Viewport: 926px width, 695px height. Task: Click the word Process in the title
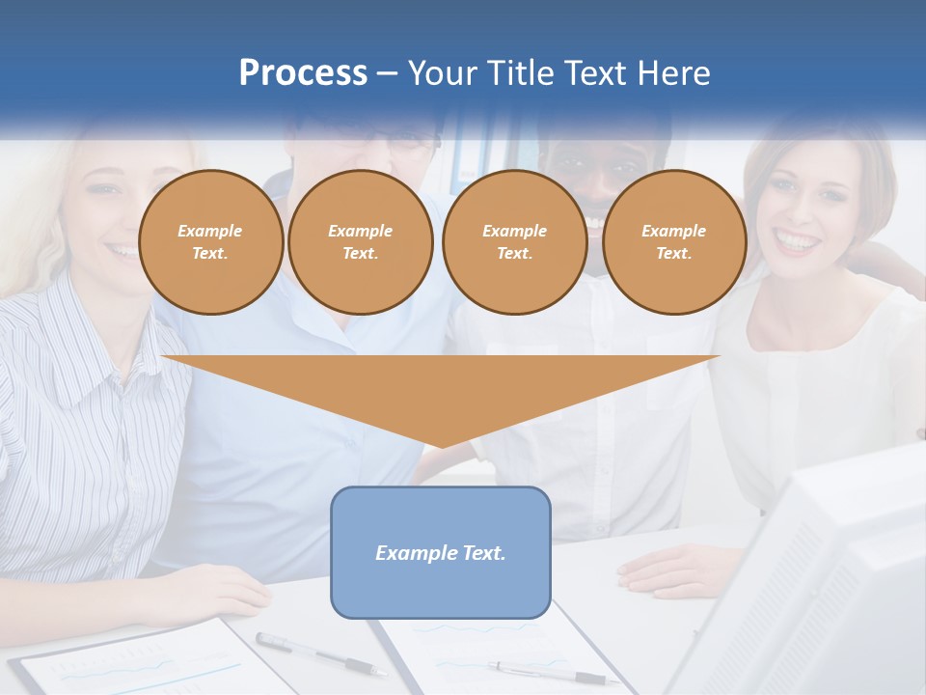tap(303, 72)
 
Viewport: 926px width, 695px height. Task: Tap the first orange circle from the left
tap(210, 242)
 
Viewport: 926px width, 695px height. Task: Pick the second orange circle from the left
tap(360, 242)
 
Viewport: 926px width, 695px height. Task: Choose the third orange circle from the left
tap(514, 242)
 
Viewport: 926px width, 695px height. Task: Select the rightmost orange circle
tap(673, 242)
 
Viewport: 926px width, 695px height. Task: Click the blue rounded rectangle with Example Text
tap(441, 552)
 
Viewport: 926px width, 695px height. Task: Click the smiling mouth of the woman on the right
tap(797, 240)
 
